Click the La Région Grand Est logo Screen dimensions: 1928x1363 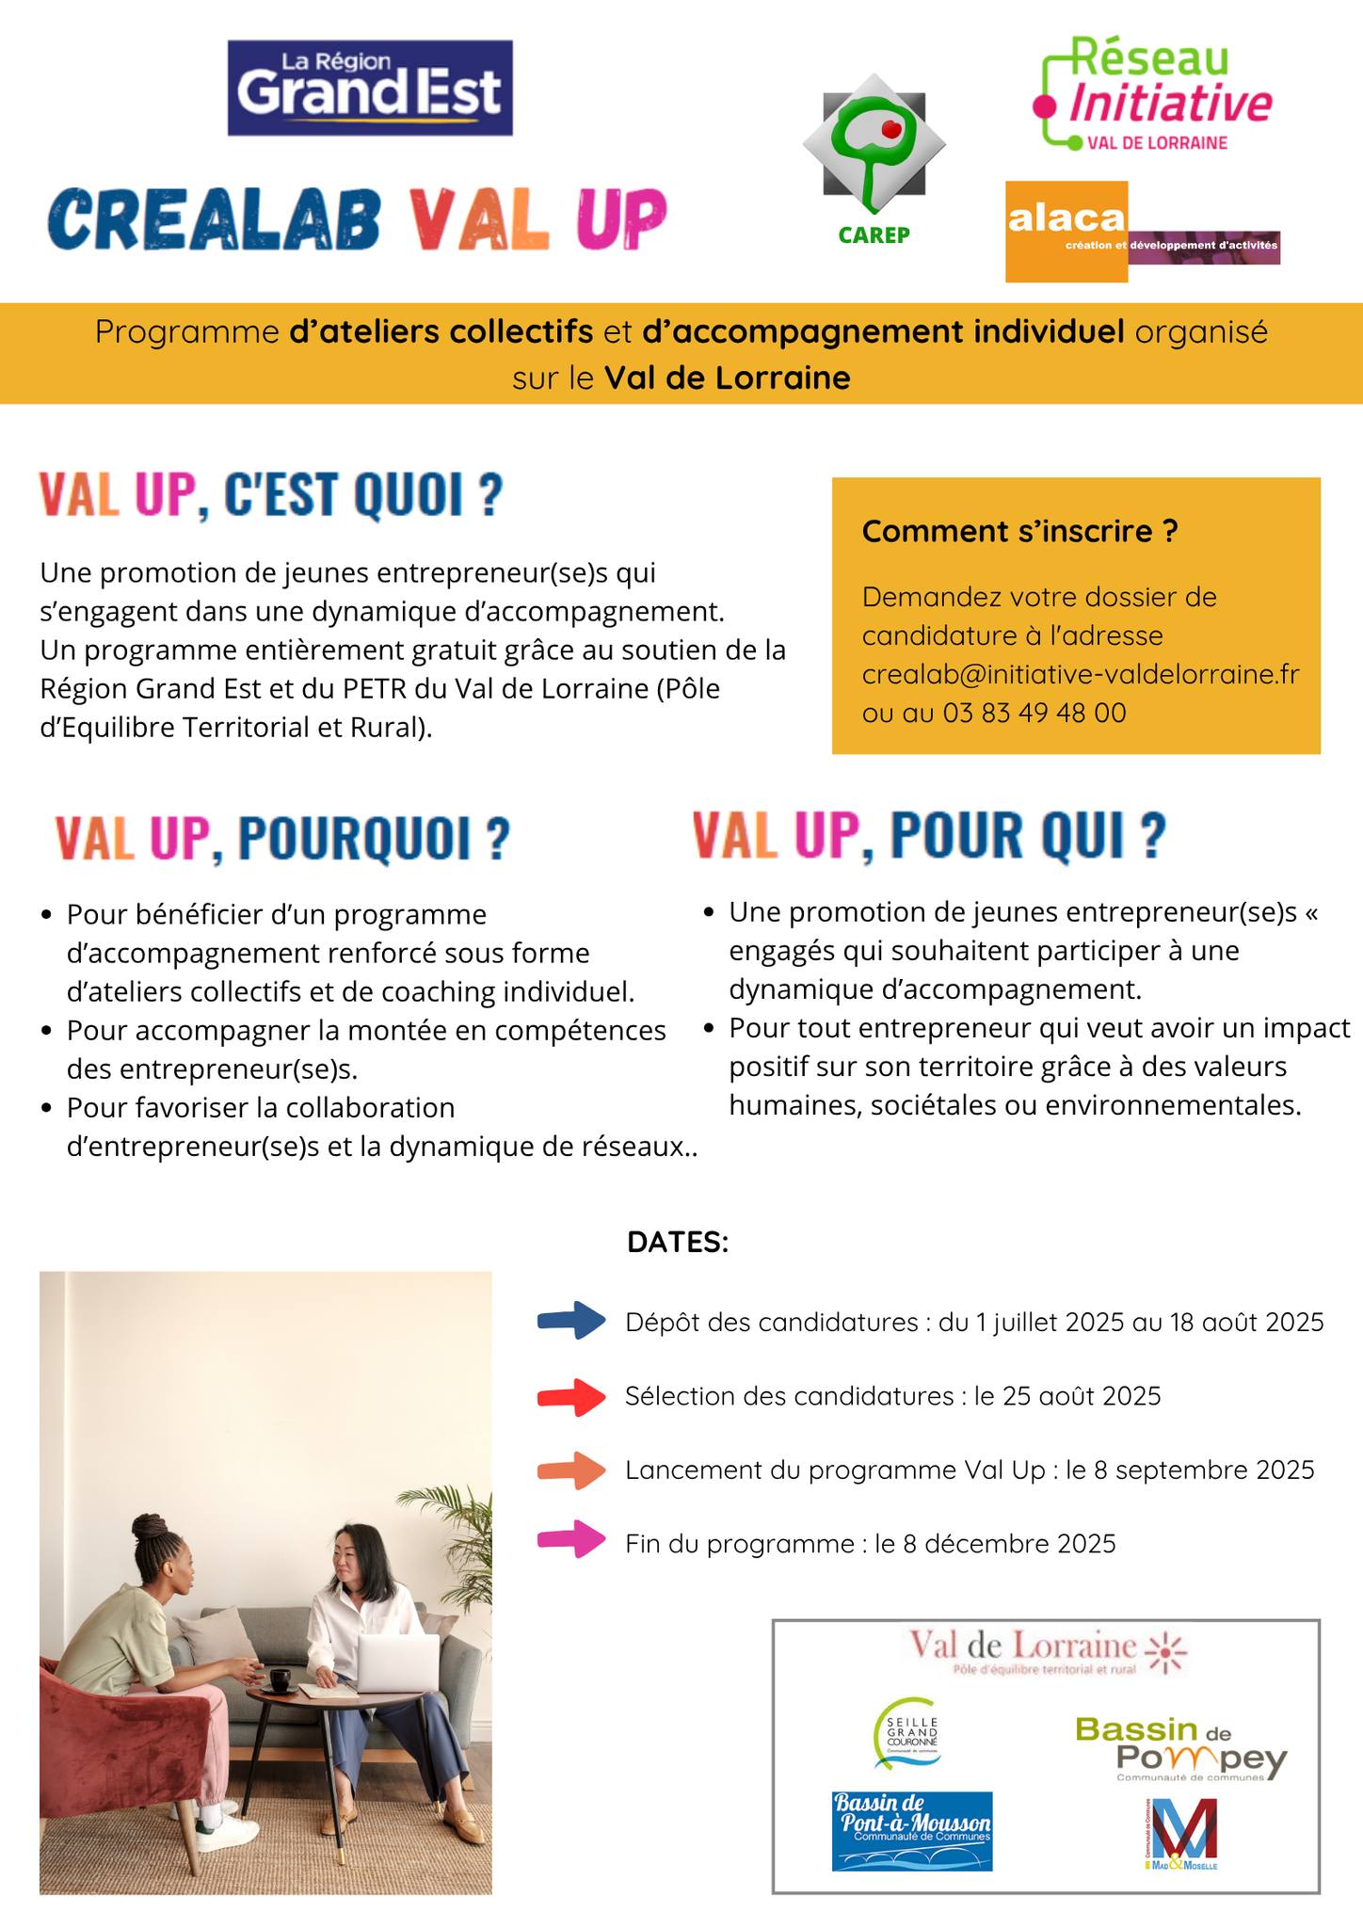(370, 88)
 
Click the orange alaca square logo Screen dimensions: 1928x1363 (1066, 232)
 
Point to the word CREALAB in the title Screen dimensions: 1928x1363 (216, 218)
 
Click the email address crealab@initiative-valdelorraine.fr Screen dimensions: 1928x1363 (1080, 674)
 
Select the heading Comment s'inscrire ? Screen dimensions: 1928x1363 (1019, 532)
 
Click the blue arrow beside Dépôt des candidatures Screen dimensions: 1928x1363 (571, 1320)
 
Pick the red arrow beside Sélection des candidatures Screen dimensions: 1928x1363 (571, 1397)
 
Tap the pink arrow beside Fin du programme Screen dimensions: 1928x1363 (571, 1540)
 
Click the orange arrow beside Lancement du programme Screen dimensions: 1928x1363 (571, 1470)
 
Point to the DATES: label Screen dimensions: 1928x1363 (678, 1242)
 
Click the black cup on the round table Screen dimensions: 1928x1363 (280, 1679)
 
